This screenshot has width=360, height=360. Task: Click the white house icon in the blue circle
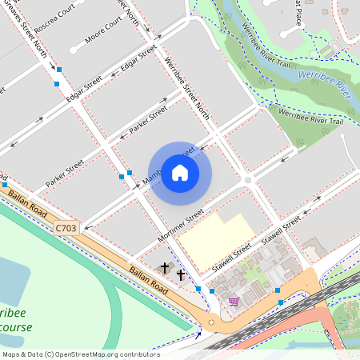click(x=180, y=172)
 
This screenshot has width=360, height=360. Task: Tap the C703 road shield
click(x=66, y=229)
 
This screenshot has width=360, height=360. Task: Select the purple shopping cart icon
click(x=234, y=301)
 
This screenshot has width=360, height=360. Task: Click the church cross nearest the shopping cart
click(x=181, y=275)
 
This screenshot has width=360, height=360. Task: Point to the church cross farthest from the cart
click(x=166, y=266)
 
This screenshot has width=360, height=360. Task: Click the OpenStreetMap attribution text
click(x=80, y=354)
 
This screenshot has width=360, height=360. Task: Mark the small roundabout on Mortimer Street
click(x=248, y=181)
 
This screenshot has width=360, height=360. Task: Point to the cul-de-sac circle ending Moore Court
click(x=74, y=50)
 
